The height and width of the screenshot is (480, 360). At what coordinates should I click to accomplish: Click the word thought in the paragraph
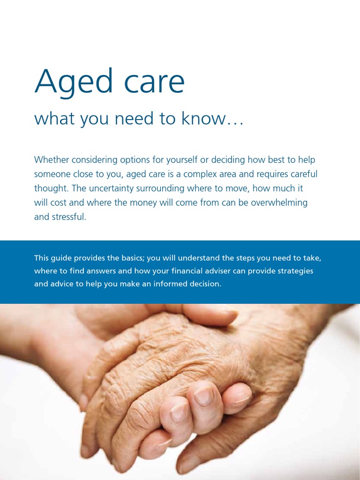pos(49,188)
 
